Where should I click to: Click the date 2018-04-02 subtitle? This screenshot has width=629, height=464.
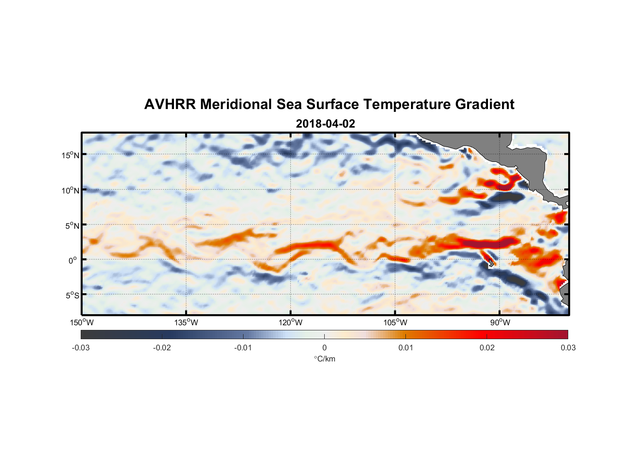[x=325, y=124]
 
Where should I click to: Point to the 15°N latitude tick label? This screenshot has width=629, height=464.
[x=70, y=155]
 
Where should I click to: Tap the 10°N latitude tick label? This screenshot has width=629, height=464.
[x=70, y=190]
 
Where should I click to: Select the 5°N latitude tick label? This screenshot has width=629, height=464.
[x=72, y=226]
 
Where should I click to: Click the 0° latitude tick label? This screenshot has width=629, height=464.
[x=72, y=260]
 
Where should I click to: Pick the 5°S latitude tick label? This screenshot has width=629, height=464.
[x=72, y=295]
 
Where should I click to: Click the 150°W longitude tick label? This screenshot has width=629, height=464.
[x=82, y=322]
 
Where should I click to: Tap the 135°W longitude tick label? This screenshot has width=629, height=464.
[x=186, y=322]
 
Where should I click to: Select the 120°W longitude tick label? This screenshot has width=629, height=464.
[x=290, y=322]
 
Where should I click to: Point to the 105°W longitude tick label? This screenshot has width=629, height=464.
[x=395, y=322]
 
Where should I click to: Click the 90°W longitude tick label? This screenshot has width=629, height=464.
[x=500, y=322]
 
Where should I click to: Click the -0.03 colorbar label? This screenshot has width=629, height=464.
[x=81, y=348]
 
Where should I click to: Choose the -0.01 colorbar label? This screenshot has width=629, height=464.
[x=243, y=348]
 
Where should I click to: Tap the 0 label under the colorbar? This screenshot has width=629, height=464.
[x=324, y=348]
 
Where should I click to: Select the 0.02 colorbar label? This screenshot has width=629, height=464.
[x=487, y=348]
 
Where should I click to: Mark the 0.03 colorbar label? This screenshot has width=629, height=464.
[x=568, y=348]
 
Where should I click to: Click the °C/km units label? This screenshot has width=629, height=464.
[x=325, y=359]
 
